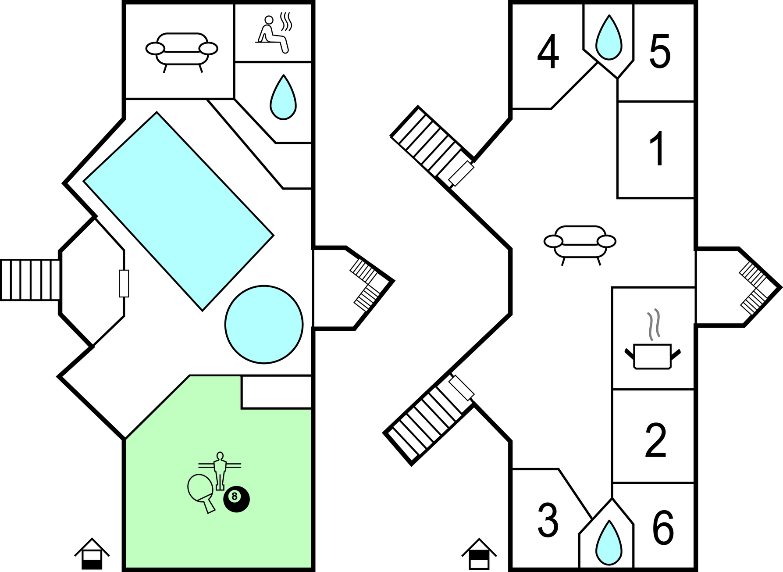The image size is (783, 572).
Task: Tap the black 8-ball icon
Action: tap(236, 499)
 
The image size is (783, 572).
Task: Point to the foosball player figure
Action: tap(220, 471)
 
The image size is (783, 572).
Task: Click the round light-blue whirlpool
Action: tap(264, 325)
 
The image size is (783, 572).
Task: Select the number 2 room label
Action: tap(656, 440)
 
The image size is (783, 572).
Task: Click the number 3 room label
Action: tap(548, 520)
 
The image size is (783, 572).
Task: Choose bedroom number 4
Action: tap(548, 52)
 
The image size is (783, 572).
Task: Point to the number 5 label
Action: tap(660, 52)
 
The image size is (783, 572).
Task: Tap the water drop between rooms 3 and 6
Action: tap(609, 543)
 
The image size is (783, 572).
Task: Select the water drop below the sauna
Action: tap(283, 98)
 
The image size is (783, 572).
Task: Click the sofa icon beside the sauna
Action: tap(182, 50)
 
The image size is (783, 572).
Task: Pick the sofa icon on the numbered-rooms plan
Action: tap(580, 243)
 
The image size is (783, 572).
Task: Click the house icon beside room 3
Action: tap(479, 554)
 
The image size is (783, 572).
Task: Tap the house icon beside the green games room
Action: tap(92, 554)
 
